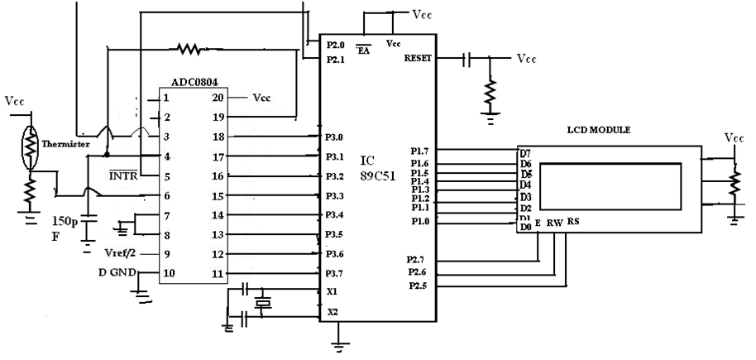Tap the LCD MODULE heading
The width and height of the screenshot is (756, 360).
(599, 130)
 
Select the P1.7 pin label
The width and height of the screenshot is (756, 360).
(419, 151)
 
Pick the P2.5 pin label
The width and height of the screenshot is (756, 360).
(419, 286)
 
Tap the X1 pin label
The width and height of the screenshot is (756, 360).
(333, 291)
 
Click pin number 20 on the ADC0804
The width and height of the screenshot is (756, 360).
(218, 97)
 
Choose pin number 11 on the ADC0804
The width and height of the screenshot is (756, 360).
(218, 273)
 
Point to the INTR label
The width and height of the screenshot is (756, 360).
(123, 175)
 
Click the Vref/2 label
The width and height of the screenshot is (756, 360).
(121, 252)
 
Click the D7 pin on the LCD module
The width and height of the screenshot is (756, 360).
(524, 153)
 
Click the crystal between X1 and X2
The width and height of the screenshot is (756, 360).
(262, 304)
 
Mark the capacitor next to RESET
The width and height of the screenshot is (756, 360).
(467, 59)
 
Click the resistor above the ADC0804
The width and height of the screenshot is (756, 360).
(189, 49)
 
